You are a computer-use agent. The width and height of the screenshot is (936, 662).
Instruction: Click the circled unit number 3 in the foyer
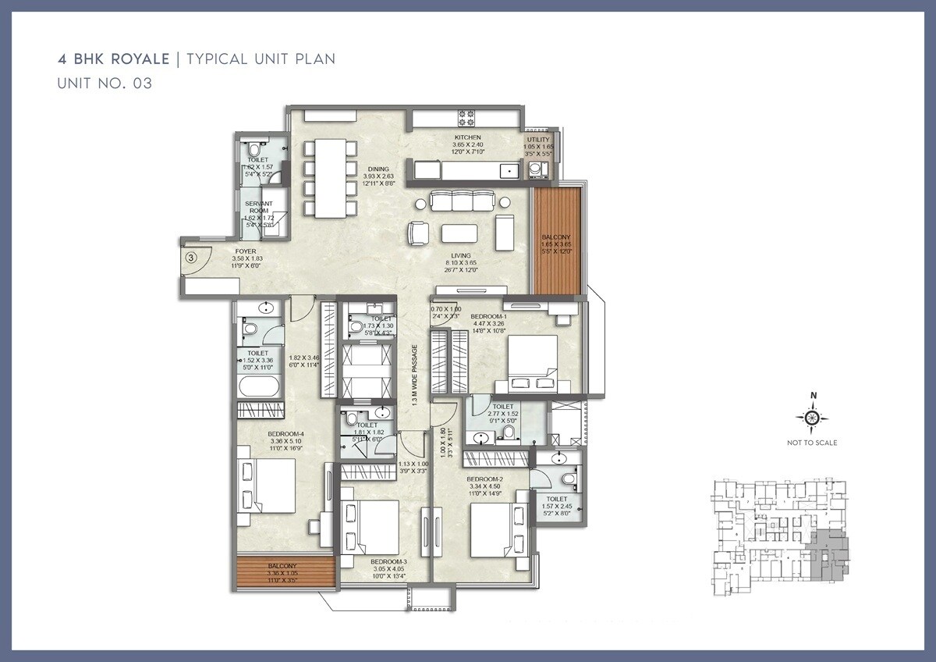pos(192,256)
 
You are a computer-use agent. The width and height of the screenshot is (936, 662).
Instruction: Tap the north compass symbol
pos(812,419)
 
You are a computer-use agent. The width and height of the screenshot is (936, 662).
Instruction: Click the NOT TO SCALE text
pos(812,443)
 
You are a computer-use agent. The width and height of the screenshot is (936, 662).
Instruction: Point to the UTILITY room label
pos(538,141)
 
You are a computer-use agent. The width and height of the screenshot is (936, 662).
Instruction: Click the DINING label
pos(378,169)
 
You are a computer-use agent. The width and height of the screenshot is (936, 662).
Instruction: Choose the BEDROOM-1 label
pos(487,316)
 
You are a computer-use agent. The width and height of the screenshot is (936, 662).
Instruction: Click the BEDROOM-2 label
pos(484,479)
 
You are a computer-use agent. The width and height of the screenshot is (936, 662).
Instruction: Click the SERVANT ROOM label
pos(261,207)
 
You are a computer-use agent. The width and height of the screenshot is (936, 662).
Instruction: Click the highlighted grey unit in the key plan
pos(827,555)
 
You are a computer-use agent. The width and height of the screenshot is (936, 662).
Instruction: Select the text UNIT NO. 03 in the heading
pos(105,84)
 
